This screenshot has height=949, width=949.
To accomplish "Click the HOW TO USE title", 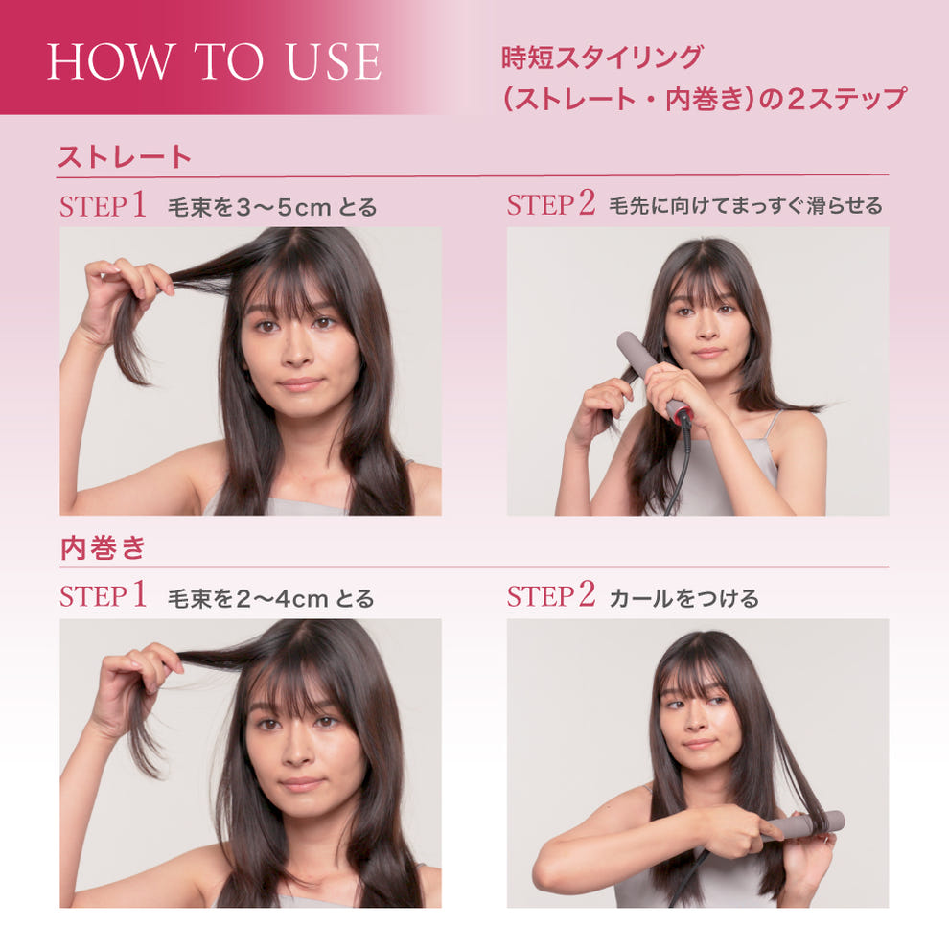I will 214,61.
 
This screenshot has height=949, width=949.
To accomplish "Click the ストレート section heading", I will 125,157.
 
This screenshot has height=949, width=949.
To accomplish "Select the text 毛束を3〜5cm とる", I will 272,206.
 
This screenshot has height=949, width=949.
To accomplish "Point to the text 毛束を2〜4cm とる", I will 270,598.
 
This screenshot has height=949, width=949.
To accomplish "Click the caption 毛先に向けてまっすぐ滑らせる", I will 745,206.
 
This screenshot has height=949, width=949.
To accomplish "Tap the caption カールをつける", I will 683,598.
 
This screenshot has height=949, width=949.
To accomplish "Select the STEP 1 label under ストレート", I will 103,205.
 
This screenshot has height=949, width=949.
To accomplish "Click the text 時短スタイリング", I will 601,58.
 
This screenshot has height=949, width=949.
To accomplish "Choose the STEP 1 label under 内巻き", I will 103,596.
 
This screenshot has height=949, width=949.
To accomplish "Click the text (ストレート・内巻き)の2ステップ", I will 704,99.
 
